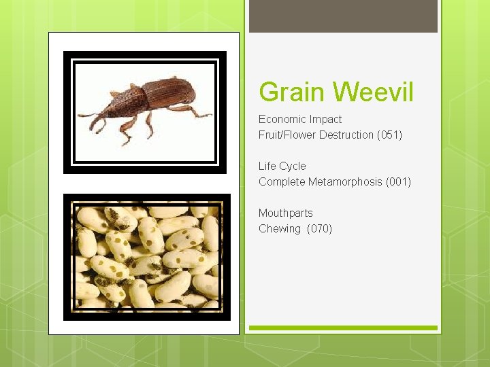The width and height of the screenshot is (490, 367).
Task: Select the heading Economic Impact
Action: (x=300, y=120)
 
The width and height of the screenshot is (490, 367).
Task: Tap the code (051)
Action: (x=389, y=135)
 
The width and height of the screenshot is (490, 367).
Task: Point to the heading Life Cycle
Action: (x=282, y=167)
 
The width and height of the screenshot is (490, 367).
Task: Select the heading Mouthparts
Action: (x=285, y=213)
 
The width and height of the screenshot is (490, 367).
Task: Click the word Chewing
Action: (x=279, y=229)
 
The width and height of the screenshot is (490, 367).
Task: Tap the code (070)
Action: (x=320, y=229)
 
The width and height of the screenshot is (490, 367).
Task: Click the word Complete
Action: (x=282, y=182)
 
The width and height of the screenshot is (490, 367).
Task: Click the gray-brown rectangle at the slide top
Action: (x=343, y=16)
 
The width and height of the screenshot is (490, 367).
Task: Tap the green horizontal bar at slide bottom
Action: (x=343, y=328)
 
